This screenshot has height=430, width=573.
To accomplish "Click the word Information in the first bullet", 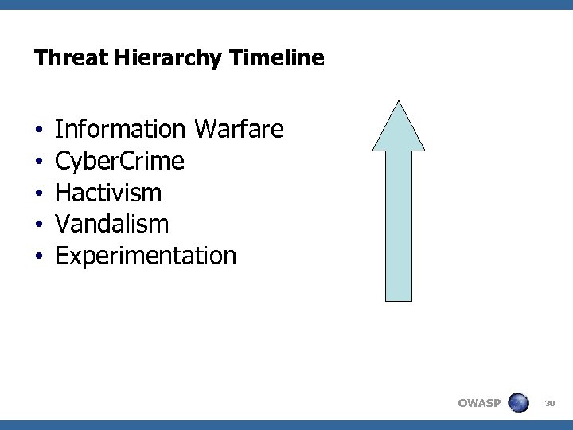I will (x=120, y=129).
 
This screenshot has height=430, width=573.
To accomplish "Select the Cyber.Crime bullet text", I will (x=119, y=162).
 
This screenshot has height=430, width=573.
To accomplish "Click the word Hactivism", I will (x=108, y=193).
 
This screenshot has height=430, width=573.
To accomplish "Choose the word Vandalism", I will (x=111, y=225).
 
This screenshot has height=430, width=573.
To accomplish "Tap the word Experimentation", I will (x=146, y=256).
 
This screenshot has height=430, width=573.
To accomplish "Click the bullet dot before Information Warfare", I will (x=38, y=130).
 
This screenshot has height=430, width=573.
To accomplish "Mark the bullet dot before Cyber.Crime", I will (x=38, y=162).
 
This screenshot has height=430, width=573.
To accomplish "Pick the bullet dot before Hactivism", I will (x=38, y=193).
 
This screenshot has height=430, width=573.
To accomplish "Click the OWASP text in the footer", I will (x=479, y=403).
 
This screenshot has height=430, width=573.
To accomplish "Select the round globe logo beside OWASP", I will (x=519, y=403).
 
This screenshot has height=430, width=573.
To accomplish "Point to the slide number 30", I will (x=549, y=404).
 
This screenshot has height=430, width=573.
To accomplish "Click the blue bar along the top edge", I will (x=286, y=4).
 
